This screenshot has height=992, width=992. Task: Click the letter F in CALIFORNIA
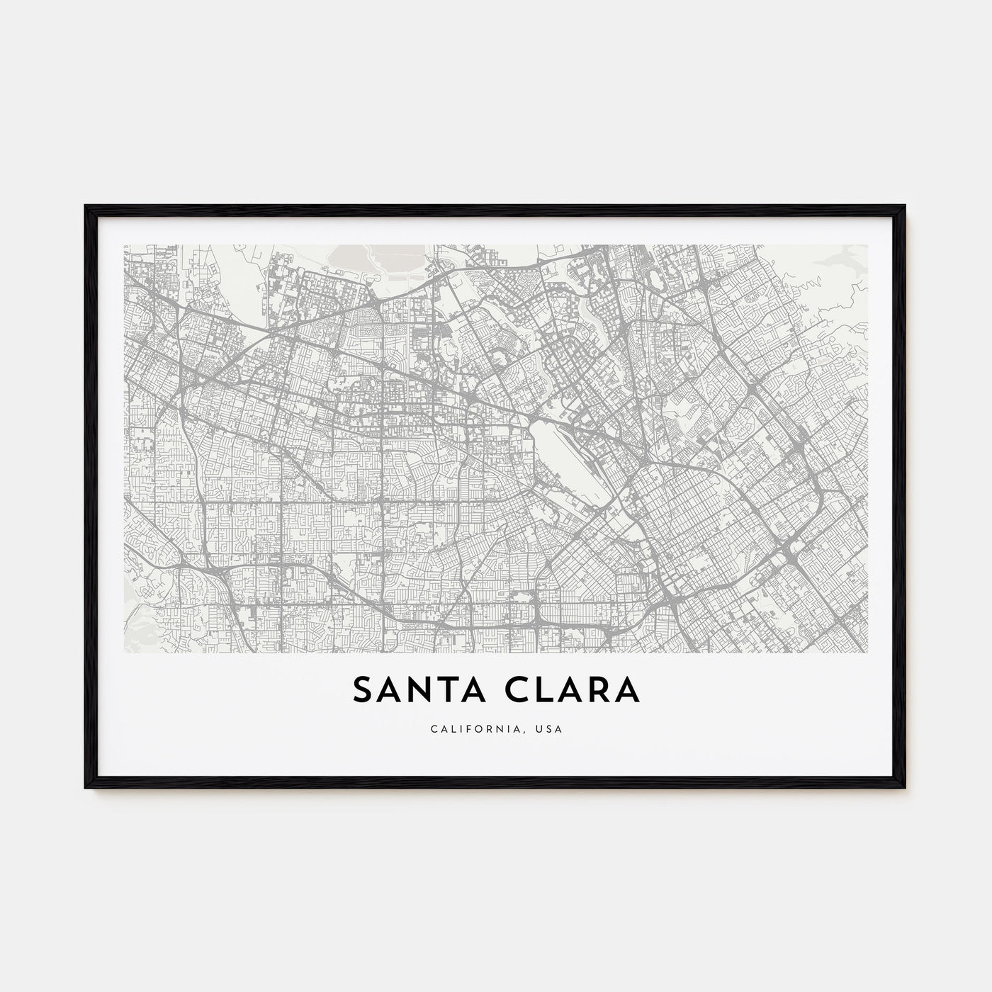coord(464,728)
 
